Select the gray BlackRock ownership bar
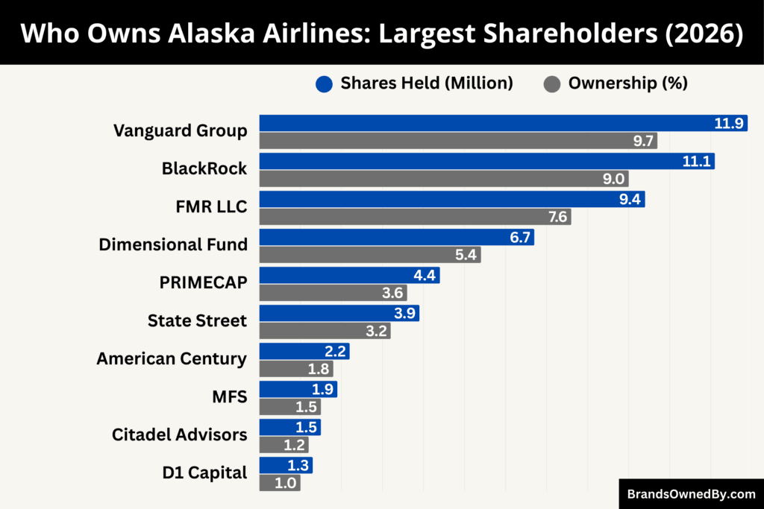(444, 179)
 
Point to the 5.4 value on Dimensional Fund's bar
(466, 255)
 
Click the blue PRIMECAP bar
(349, 275)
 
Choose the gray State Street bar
(325, 331)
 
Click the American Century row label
(172, 358)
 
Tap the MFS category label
(231, 396)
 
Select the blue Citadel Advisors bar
(289, 427)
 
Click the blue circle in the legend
(324, 84)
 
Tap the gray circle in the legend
(552, 84)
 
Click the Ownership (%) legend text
(627, 83)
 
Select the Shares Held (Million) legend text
(427, 83)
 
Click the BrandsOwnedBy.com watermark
(691, 493)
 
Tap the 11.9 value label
(729, 123)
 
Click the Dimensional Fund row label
(173, 244)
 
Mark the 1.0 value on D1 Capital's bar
(286, 483)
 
